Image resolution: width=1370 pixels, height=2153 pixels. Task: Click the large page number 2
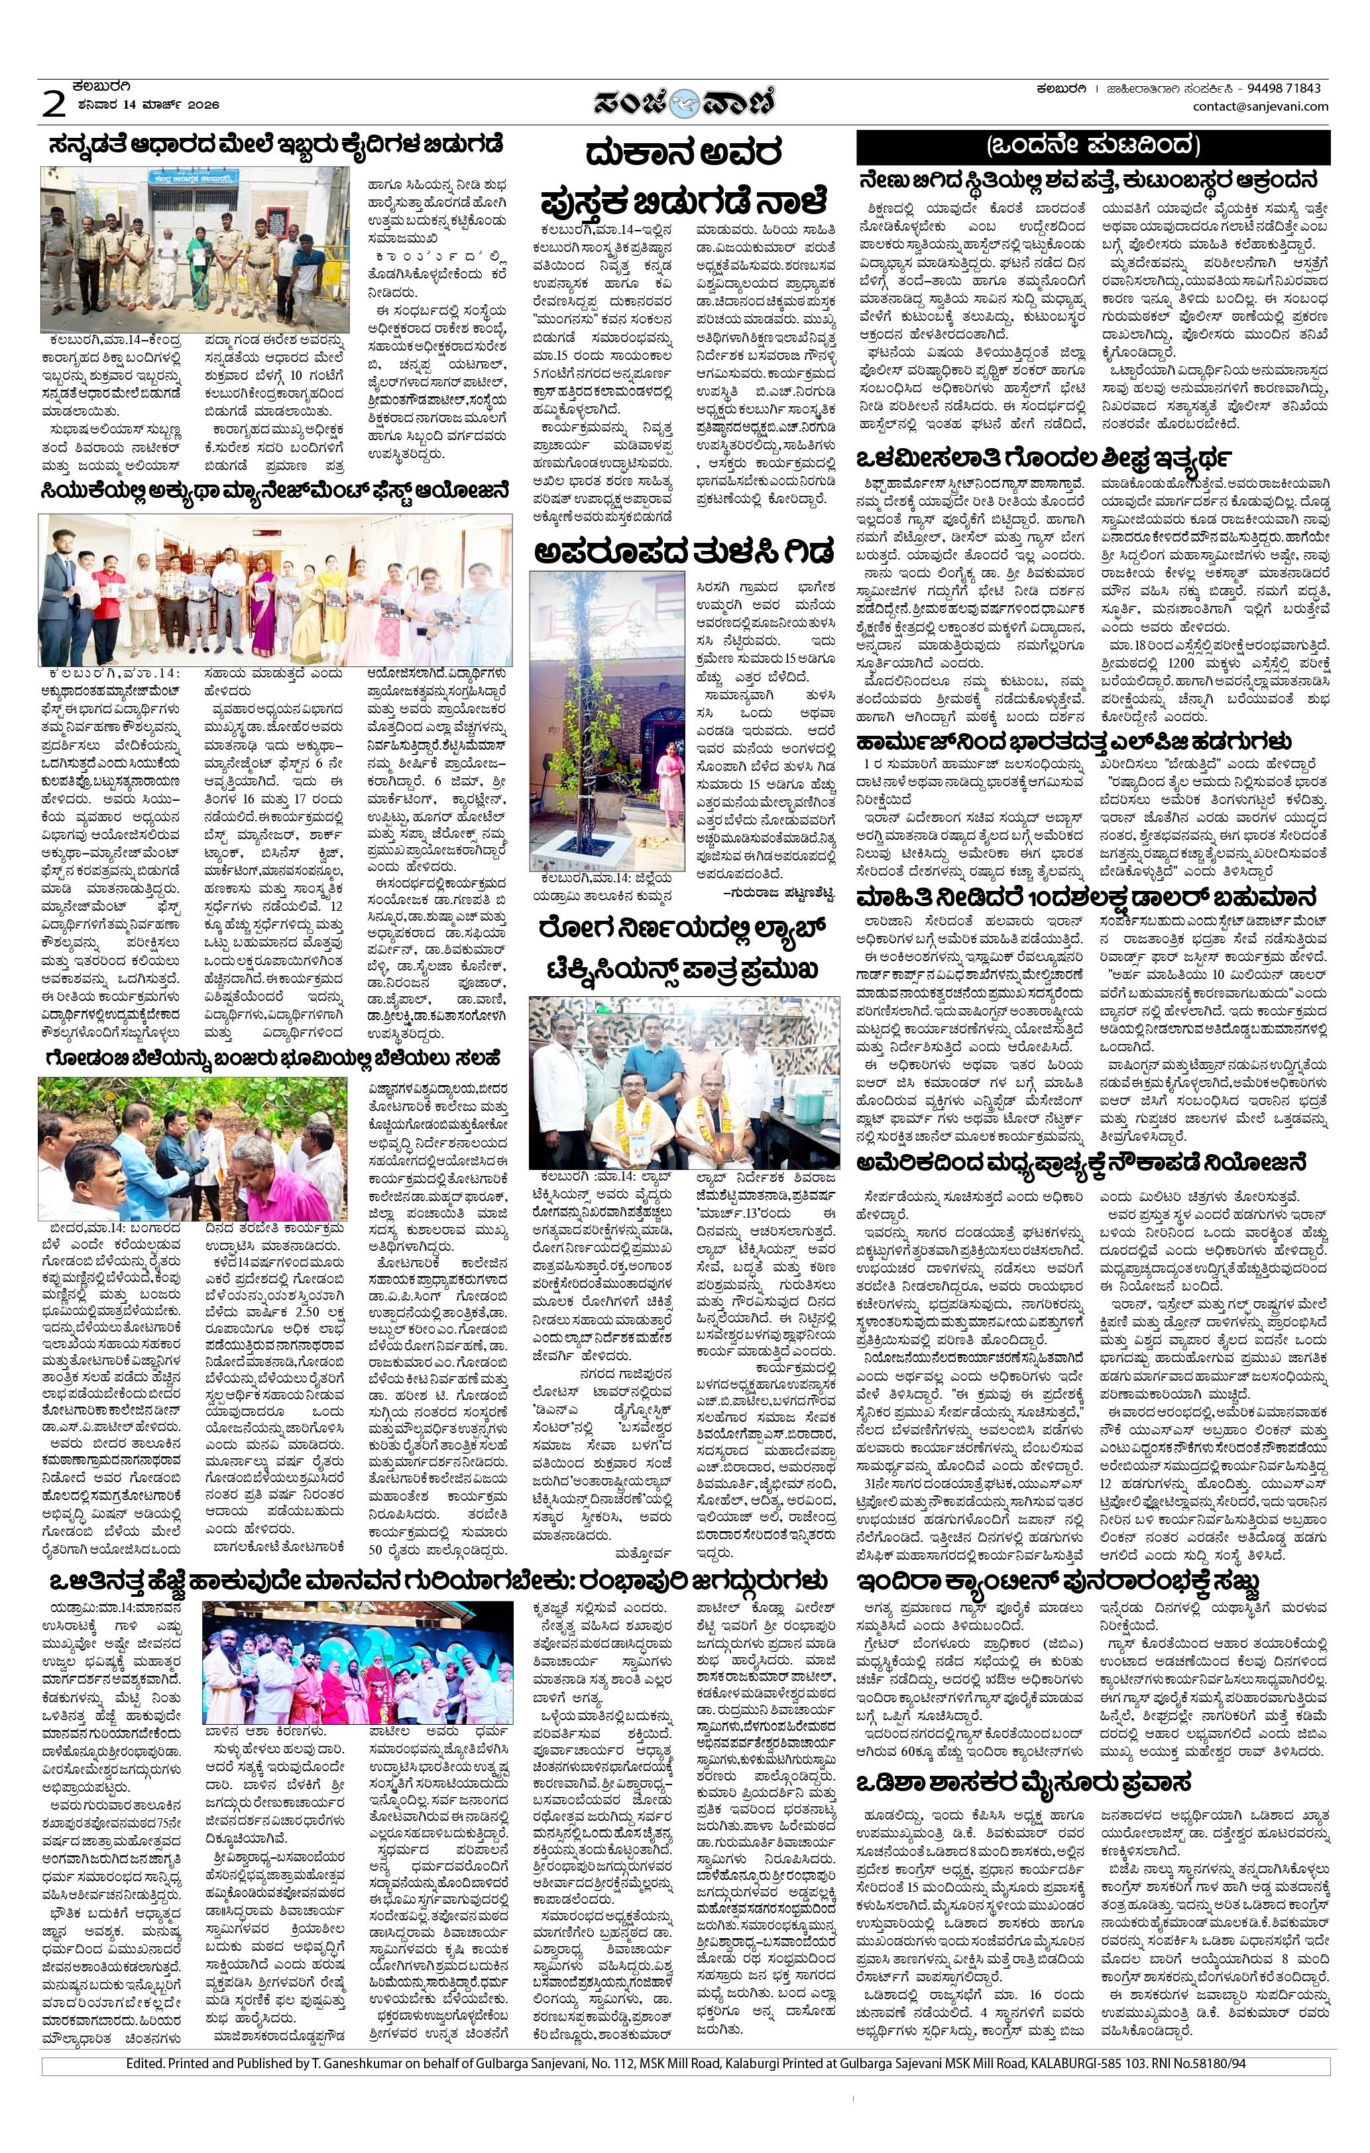54,105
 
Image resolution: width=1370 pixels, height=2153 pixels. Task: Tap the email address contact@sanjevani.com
1260,107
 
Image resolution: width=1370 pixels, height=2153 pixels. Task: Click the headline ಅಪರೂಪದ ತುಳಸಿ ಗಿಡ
683,551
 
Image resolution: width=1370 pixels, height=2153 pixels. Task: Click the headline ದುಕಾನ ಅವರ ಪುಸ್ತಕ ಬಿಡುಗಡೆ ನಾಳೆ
683,174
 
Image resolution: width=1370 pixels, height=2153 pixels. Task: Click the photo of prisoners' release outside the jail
194,249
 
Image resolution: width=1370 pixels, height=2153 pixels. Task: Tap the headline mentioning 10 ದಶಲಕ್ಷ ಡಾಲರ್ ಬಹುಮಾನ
1086,897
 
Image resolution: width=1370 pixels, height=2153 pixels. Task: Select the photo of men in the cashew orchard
192,1148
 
